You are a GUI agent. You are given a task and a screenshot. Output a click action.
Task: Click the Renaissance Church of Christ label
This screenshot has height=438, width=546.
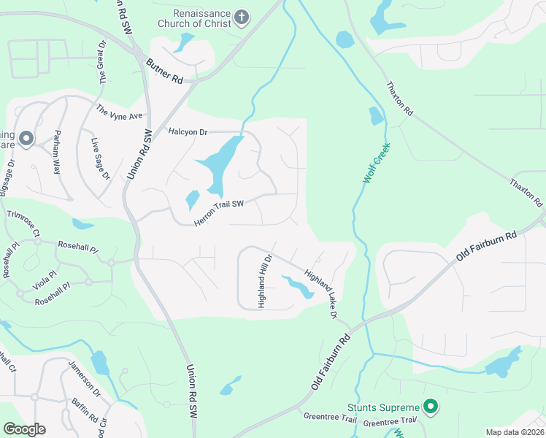pos(202,18)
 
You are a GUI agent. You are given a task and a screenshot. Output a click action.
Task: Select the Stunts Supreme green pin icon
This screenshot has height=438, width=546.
pos(431,407)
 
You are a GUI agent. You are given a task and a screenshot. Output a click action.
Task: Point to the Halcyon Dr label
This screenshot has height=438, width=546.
pos(188,132)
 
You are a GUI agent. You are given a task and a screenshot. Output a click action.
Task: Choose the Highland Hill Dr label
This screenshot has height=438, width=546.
pos(264,281)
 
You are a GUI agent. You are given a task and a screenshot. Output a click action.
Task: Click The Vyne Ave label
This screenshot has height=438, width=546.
pos(120,112)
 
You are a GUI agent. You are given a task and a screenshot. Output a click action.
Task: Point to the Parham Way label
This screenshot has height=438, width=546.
pos(56,152)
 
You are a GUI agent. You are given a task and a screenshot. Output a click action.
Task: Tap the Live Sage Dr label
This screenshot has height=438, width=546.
pos(99,158)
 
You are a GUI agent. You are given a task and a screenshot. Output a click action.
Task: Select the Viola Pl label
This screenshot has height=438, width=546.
pos(45,277)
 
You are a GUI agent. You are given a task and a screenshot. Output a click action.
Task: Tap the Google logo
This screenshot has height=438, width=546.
pos(24,429)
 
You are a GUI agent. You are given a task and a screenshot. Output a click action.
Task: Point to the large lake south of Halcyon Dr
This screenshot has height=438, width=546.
pos(218,164)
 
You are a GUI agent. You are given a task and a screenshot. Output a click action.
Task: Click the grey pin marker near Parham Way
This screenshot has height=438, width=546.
pos(26,138)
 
